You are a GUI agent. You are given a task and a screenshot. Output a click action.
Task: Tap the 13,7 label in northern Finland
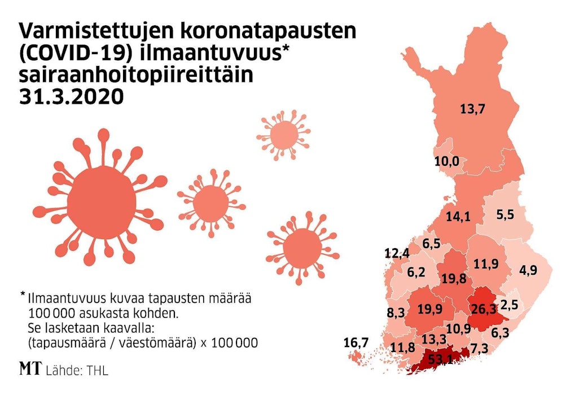tap(472, 109)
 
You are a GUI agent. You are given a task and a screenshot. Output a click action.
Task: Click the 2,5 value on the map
tap(508, 306)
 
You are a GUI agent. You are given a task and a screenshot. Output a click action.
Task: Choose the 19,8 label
tap(454, 278)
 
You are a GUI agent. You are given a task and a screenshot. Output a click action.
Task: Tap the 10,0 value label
tap(446, 162)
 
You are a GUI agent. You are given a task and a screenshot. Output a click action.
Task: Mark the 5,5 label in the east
tap(504, 214)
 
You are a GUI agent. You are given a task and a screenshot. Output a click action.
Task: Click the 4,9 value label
tap(528, 270)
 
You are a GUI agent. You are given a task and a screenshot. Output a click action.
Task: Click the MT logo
tap(30, 369)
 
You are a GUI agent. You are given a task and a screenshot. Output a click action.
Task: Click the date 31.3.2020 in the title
tap(71, 96)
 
